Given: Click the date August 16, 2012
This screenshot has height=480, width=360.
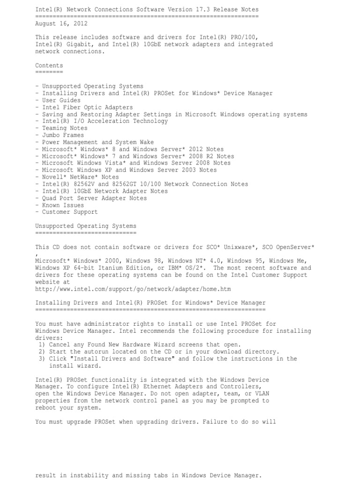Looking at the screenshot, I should tap(61, 23).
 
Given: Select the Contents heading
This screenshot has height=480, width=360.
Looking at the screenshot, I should tap(49, 66).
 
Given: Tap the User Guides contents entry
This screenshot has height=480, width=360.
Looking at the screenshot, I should tap(61, 100).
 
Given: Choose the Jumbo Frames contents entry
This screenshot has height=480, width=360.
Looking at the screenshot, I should tap(63, 135).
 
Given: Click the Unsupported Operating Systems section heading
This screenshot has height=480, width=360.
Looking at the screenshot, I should tap(86, 226).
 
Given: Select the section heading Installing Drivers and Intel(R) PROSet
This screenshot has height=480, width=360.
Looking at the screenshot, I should tap(150, 303).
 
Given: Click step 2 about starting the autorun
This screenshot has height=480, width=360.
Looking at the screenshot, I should tap(159, 352).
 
